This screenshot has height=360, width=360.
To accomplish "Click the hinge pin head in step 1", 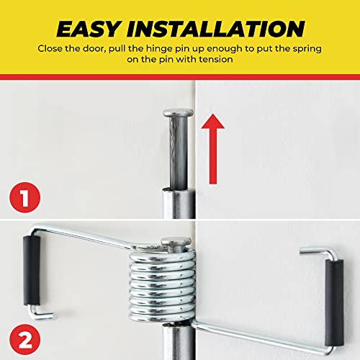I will [x=177, y=114].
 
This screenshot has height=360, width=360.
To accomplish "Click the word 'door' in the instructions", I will [x=108, y=49].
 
